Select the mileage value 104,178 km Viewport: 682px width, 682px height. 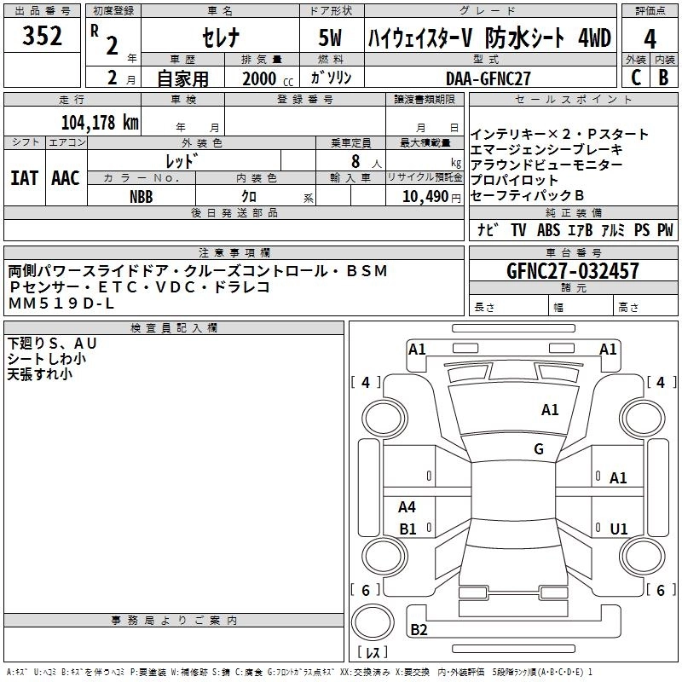tap(99, 122)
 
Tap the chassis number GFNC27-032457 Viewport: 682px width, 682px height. tap(573, 272)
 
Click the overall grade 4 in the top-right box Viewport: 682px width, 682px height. tap(650, 38)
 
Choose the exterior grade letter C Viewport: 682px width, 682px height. tap(636, 78)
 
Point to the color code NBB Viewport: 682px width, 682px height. tap(142, 195)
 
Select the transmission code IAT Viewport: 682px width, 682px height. tap(24, 178)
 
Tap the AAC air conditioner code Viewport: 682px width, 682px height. tap(66, 178)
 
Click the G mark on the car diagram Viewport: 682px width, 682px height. tap(538, 449)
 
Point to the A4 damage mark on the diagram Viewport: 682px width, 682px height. tap(407, 507)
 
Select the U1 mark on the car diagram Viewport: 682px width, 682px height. tap(619, 529)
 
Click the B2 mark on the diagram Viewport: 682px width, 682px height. tap(419, 630)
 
